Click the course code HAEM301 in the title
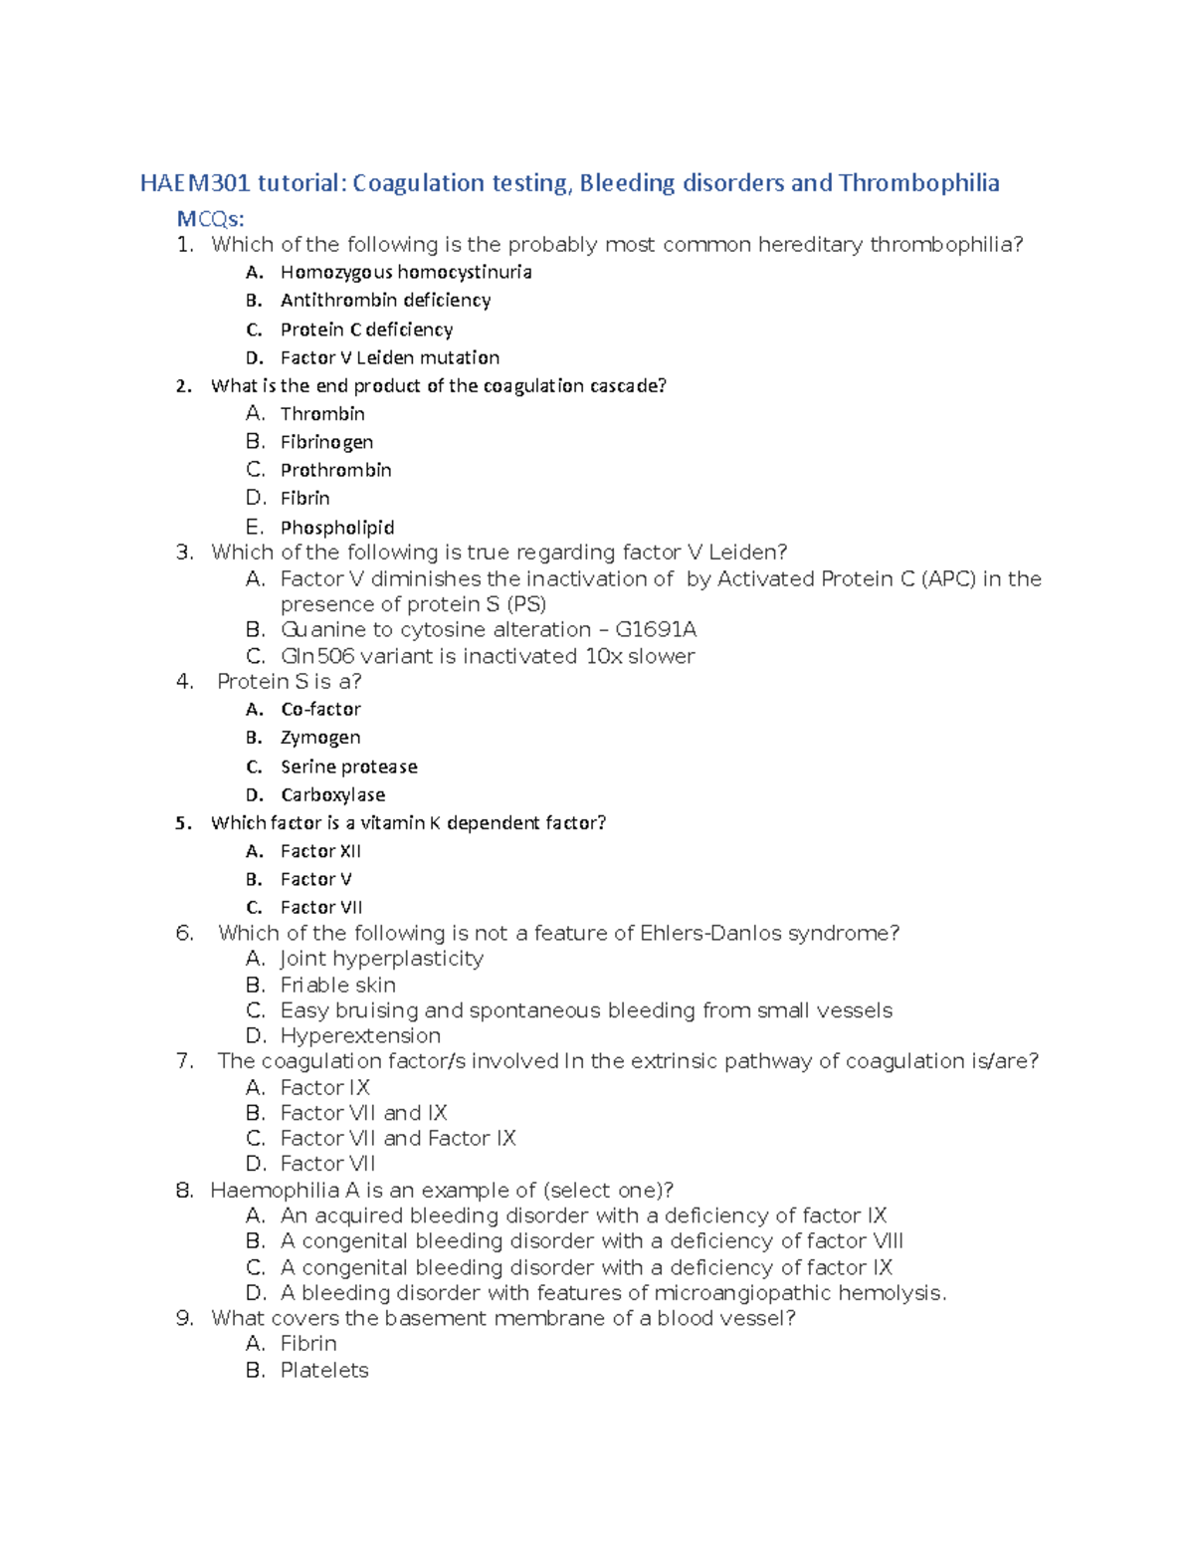click(x=195, y=183)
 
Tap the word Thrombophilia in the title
click(x=918, y=183)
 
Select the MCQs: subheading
click(x=210, y=219)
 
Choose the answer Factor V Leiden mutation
click(x=389, y=357)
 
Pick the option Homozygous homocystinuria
click(x=405, y=272)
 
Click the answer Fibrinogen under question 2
click(x=326, y=442)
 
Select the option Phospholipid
click(x=336, y=528)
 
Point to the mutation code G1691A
click(x=656, y=630)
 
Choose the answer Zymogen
click(x=320, y=738)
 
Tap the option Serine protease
click(x=348, y=767)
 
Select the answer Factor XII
click(x=320, y=851)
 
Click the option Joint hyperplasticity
click(x=381, y=959)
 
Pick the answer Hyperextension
click(x=360, y=1036)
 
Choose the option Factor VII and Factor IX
click(x=398, y=1139)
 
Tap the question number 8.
click(x=184, y=1191)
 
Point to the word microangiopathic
click(x=743, y=1293)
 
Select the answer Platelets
click(x=324, y=1371)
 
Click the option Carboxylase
click(x=332, y=795)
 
